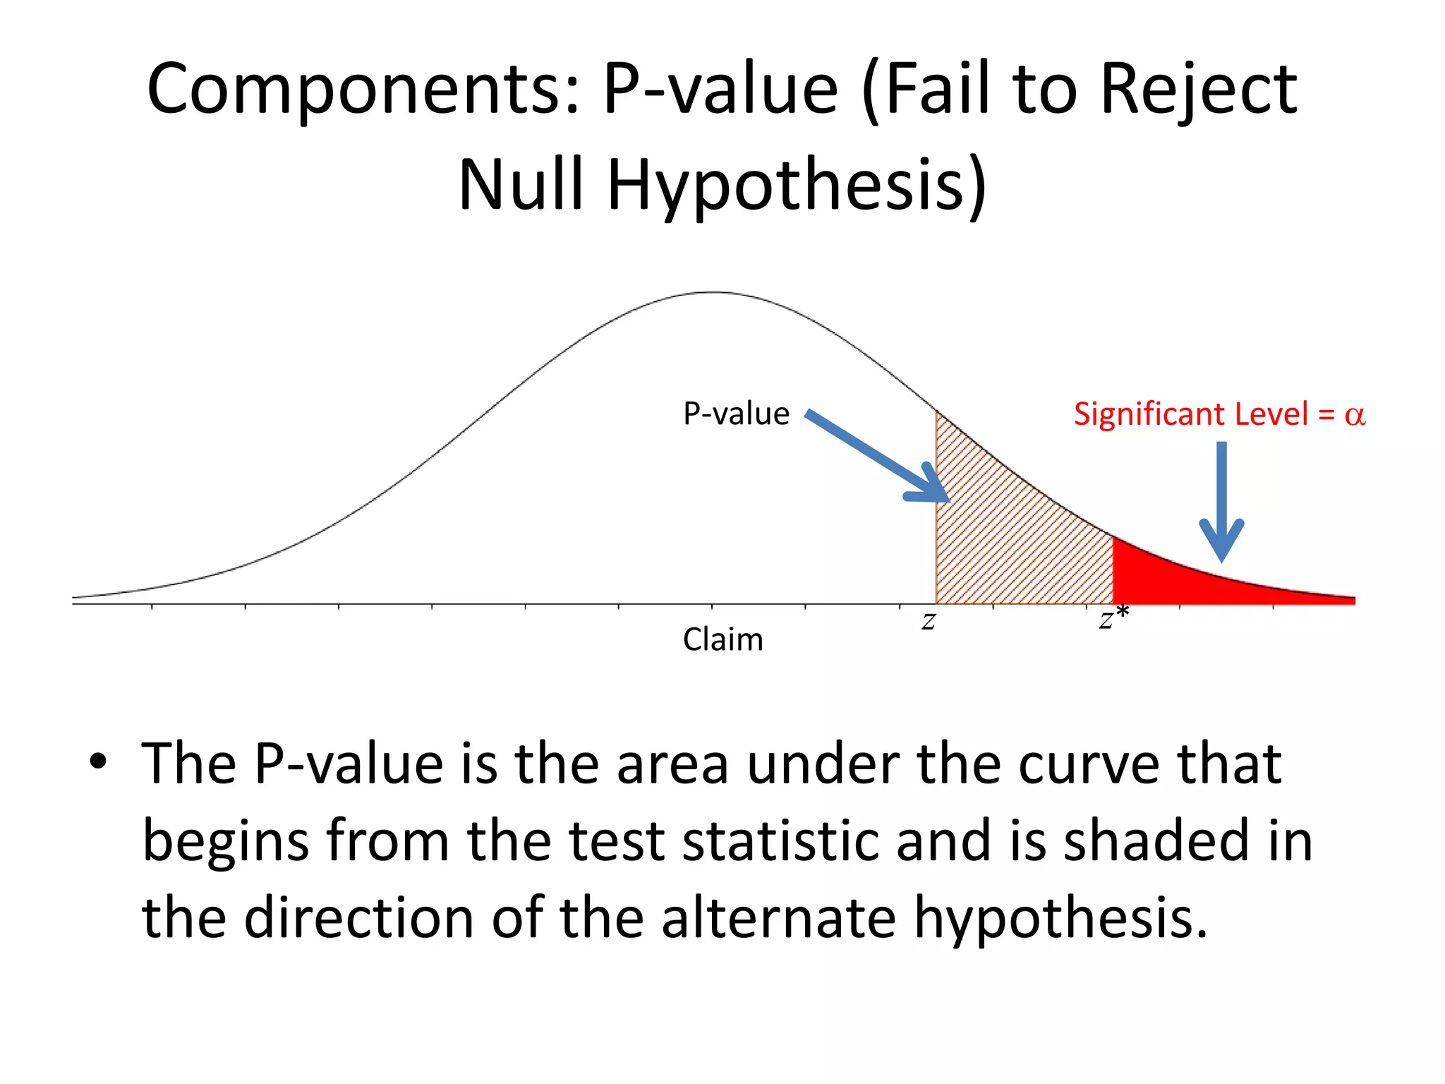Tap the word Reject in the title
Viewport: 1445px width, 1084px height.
coord(1198,90)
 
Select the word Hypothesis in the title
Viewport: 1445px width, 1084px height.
coord(796,185)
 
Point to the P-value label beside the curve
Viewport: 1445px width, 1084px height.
coord(736,414)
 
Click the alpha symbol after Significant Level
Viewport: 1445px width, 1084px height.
coord(1355,415)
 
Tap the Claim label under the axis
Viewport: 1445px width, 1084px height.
coord(722,640)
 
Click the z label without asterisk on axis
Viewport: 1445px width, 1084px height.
coord(929,622)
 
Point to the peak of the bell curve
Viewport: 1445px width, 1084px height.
coord(713,292)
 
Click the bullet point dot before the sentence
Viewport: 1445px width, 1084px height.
coord(98,762)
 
